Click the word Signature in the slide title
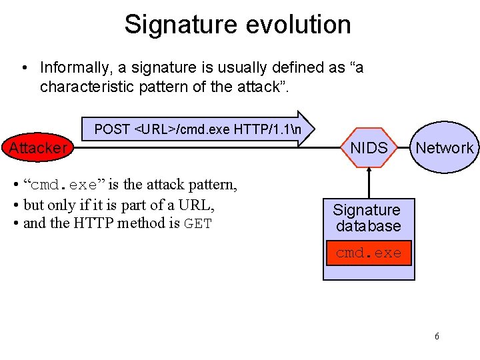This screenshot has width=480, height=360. pyautogui.click(x=176, y=25)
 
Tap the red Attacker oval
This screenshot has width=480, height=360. pyautogui.click(x=38, y=147)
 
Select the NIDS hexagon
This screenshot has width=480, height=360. pyautogui.click(x=369, y=148)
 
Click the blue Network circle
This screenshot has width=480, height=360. pyautogui.click(x=444, y=148)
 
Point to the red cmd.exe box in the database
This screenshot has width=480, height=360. pyautogui.click(x=369, y=253)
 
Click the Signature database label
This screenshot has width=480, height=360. pyautogui.click(x=368, y=218)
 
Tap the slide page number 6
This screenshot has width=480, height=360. pyautogui.click(x=437, y=336)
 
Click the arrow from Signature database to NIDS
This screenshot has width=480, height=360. pyautogui.click(x=369, y=181)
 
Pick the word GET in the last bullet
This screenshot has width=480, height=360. pyautogui.click(x=197, y=223)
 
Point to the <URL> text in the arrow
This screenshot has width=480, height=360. pyautogui.click(x=155, y=129)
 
